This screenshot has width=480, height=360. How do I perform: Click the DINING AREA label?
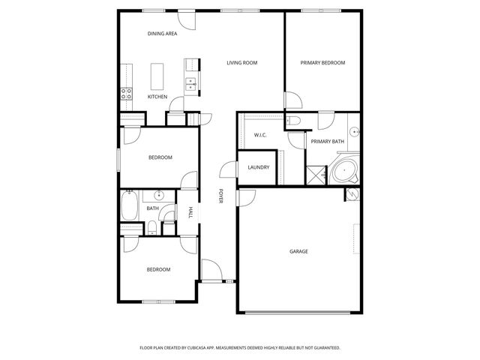pos(162,34)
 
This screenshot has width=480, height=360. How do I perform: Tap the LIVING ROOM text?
pos(241,63)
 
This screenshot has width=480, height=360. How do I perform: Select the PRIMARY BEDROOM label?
pos(322,63)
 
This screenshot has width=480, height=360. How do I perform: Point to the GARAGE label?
pos(298,251)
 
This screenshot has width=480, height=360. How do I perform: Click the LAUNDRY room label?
pos(259,167)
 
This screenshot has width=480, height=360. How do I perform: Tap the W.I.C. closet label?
pos(261,135)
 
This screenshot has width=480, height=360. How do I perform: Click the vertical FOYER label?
pos(220,196)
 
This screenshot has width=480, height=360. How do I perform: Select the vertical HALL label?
pos(190,212)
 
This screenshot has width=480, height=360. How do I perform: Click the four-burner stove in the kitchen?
pos(127,94)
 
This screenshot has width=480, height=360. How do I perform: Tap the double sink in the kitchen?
pos(191,84)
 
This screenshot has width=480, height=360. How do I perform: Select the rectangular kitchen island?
pos(157,76)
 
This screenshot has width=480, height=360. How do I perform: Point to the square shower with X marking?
pos(315,175)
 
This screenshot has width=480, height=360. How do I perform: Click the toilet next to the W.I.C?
pos(293,121)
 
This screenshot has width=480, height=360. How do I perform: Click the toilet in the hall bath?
pos(152,229)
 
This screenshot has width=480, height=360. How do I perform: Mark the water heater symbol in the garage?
pos(352,194)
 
